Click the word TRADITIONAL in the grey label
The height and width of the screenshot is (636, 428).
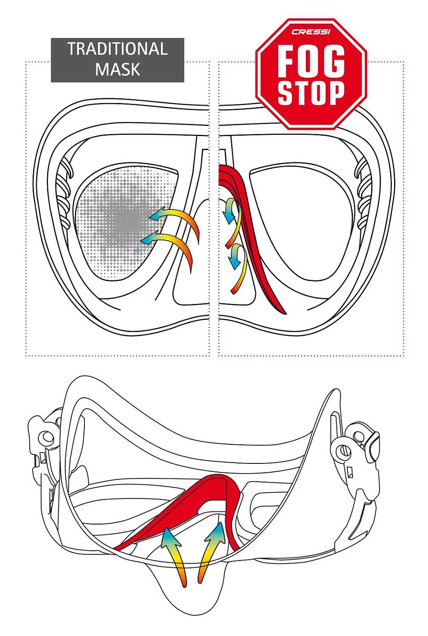pyautogui.click(x=117, y=49)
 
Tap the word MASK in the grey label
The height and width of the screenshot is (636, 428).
pyautogui.click(x=117, y=69)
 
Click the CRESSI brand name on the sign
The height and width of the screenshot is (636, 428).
pyautogui.click(x=311, y=31)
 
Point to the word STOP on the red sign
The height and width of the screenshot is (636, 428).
pyautogui.click(x=311, y=92)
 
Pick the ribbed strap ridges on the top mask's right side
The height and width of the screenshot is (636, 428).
pyautogui.click(x=364, y=193)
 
